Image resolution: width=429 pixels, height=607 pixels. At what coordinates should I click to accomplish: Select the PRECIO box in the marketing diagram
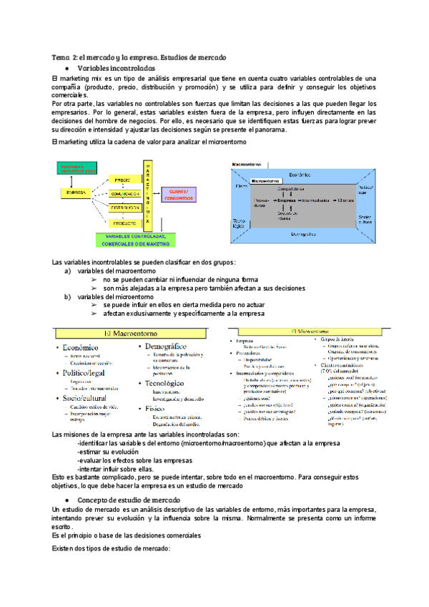(121, 180)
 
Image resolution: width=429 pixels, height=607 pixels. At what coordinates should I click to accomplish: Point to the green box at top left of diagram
(77, 169)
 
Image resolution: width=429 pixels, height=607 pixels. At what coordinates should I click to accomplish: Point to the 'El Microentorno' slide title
(312, 331)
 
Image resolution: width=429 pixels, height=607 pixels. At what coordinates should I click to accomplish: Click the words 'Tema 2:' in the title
(64, 57)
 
